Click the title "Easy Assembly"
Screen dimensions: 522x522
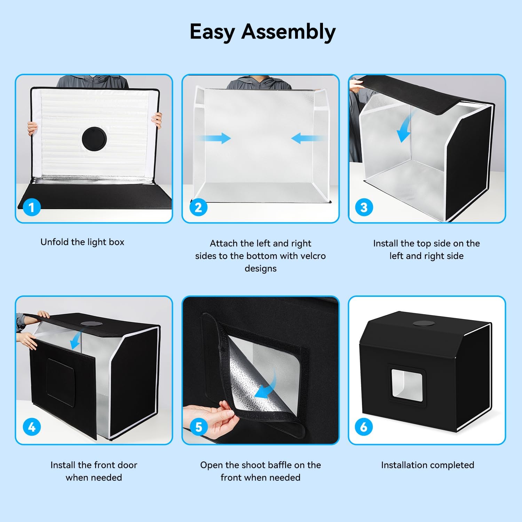click(x=262, y=32)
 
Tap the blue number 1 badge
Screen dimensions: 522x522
click(x=32, y=207)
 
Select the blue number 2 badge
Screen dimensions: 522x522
click(x=198, y=207)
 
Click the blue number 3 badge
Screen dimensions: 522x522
click(x=364, y=207)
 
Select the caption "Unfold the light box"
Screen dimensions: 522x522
click(x=82, y=242)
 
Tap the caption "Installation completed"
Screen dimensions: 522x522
click(x=427, y=465)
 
